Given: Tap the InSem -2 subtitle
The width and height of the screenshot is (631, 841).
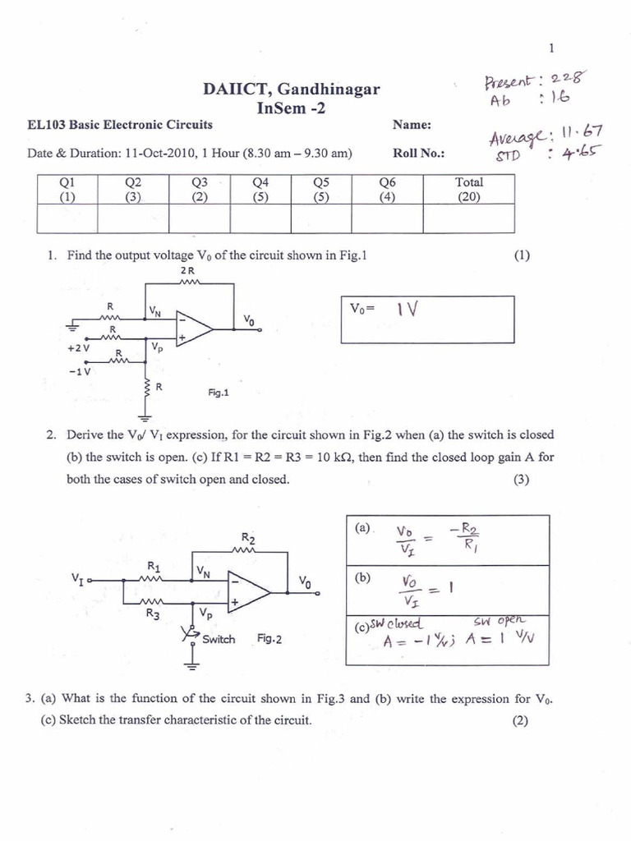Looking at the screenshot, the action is tap(291, 108).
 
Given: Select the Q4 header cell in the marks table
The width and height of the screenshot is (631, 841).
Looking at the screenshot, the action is tap(261, 190).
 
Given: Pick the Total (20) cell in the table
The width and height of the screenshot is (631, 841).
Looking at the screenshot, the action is tap(468, 190).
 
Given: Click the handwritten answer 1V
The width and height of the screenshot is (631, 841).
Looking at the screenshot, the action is tap(408, 310).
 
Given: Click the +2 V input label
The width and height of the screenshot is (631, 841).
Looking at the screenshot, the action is tap(80, 347).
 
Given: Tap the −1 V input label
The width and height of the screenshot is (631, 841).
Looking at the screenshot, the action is tap(80, 370).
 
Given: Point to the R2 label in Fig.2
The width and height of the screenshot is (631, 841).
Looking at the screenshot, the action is tap(248, 539).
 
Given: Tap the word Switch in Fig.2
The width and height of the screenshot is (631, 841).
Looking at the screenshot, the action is tap(219, 639).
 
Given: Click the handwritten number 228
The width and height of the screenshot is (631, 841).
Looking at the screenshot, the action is tap(567, 78).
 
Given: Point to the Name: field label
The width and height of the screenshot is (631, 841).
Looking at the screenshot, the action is tap(412, 125).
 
